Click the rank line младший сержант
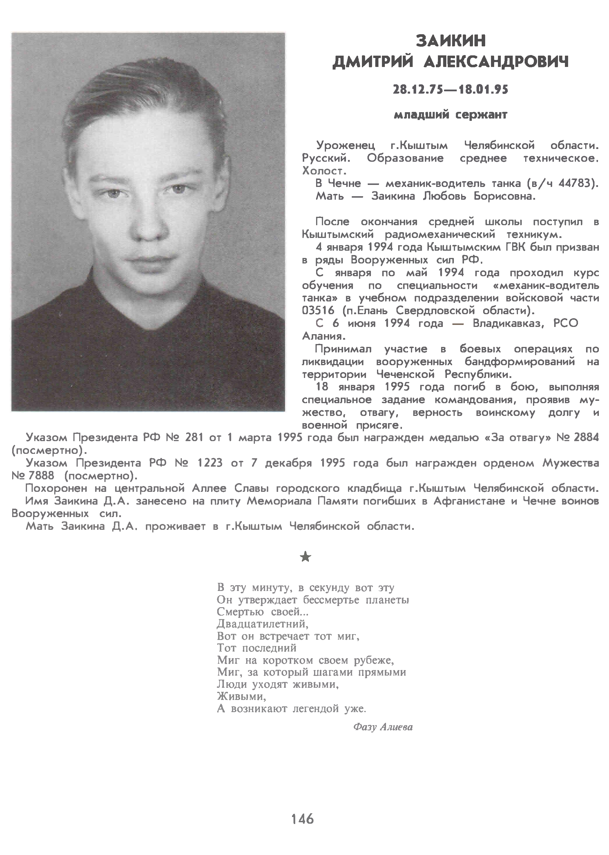point(450,115)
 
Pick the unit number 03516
point(318,311)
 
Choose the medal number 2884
point(586,438)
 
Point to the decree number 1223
point(210,463)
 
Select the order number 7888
point(41,476)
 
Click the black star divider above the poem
point(306,557)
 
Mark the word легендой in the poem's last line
point(318,709)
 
